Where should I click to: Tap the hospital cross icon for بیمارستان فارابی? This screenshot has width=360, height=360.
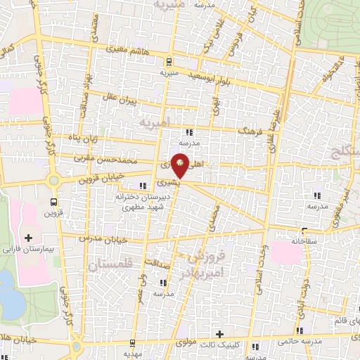[x=29, y=238]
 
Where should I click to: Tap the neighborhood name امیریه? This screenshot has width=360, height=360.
[x=155, y=122]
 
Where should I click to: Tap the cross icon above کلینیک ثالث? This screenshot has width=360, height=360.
[x=220, y=334]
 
